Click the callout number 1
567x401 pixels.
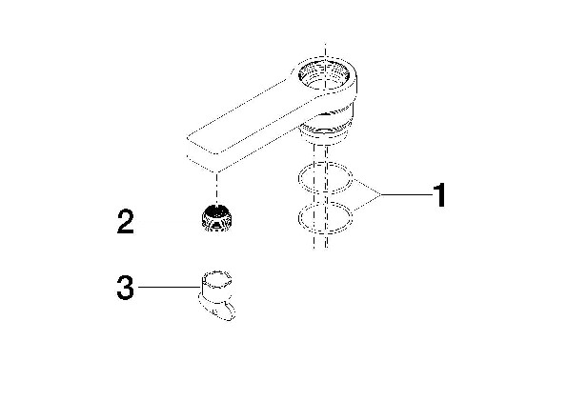click(439, 195)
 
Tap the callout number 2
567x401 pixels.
click(126, 222)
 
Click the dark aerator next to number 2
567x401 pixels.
click(216, 217)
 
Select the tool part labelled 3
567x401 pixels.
click(216, 294)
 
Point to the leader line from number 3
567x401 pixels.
click(170, 287)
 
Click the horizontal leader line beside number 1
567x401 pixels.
click(407, 195)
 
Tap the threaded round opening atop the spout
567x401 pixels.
click(324, 75)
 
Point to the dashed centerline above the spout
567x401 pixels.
click(325, 50)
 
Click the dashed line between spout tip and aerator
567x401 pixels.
click(216, 188)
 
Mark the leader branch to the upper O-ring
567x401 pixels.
click(367, 187)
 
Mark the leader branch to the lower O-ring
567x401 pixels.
click(367, 203)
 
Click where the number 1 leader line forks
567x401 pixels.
click(381, 195)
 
